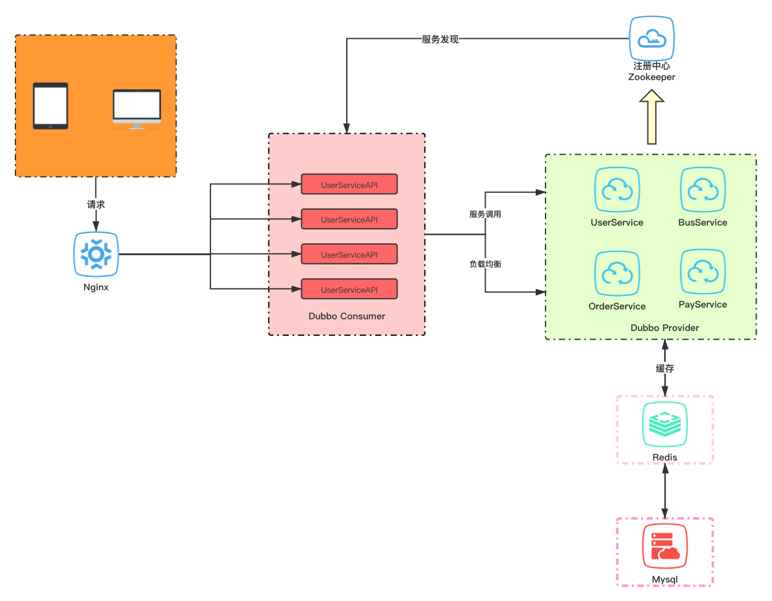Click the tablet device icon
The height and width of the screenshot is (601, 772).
coord(51,106)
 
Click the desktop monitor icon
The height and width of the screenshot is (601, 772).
coord(137,109)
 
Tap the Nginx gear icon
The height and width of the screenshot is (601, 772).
coord(96,254)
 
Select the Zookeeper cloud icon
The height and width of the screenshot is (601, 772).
coord(651,38)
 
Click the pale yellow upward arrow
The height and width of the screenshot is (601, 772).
coord(651,117)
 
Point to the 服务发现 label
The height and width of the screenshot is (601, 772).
coord(440,39)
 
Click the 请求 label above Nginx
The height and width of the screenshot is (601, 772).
coord(96,205)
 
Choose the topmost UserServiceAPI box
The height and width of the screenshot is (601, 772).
coord(349,184)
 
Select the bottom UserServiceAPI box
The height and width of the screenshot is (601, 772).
coord(349,289)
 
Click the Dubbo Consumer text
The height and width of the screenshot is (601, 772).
coord(346,316)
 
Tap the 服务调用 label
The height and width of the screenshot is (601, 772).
coord(485,215)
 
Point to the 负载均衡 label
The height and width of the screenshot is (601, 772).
coord(485,264)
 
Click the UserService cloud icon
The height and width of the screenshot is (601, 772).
coord(616,190)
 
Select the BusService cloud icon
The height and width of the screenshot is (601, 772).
coord(702,190)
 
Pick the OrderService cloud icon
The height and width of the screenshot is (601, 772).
coord(616,274)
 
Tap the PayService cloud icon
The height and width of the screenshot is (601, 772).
coord(702,272)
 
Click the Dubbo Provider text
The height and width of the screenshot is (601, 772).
coord(665,328)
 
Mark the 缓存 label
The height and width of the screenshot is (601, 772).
coord(665,368)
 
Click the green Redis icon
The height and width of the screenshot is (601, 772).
coord(665,424)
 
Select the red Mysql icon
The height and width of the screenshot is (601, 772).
coord(665,546)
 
